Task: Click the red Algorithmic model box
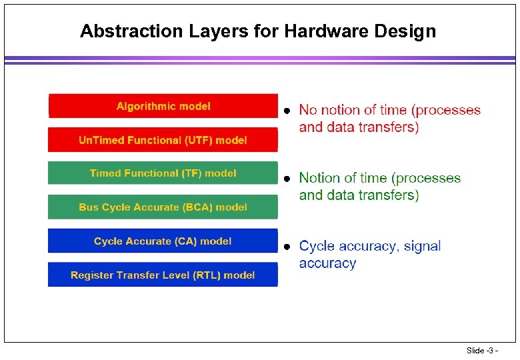pos(163,106)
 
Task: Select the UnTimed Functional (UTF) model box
pos(163,140)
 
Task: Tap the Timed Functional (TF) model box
pos(163,173)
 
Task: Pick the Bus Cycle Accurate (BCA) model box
pos(163,207)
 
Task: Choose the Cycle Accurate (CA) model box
pos(163,241)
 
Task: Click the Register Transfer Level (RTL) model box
pos(163,275)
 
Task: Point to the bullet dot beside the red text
pos(286,111)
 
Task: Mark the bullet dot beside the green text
pos(286,179)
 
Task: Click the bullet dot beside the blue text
pos(286,247)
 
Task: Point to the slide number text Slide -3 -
pos(482,351)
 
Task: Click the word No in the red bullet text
pos(308,110)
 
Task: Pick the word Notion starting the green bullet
pos(319,178)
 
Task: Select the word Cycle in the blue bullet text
pos(317,246)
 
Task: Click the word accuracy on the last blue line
pos(327,263)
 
